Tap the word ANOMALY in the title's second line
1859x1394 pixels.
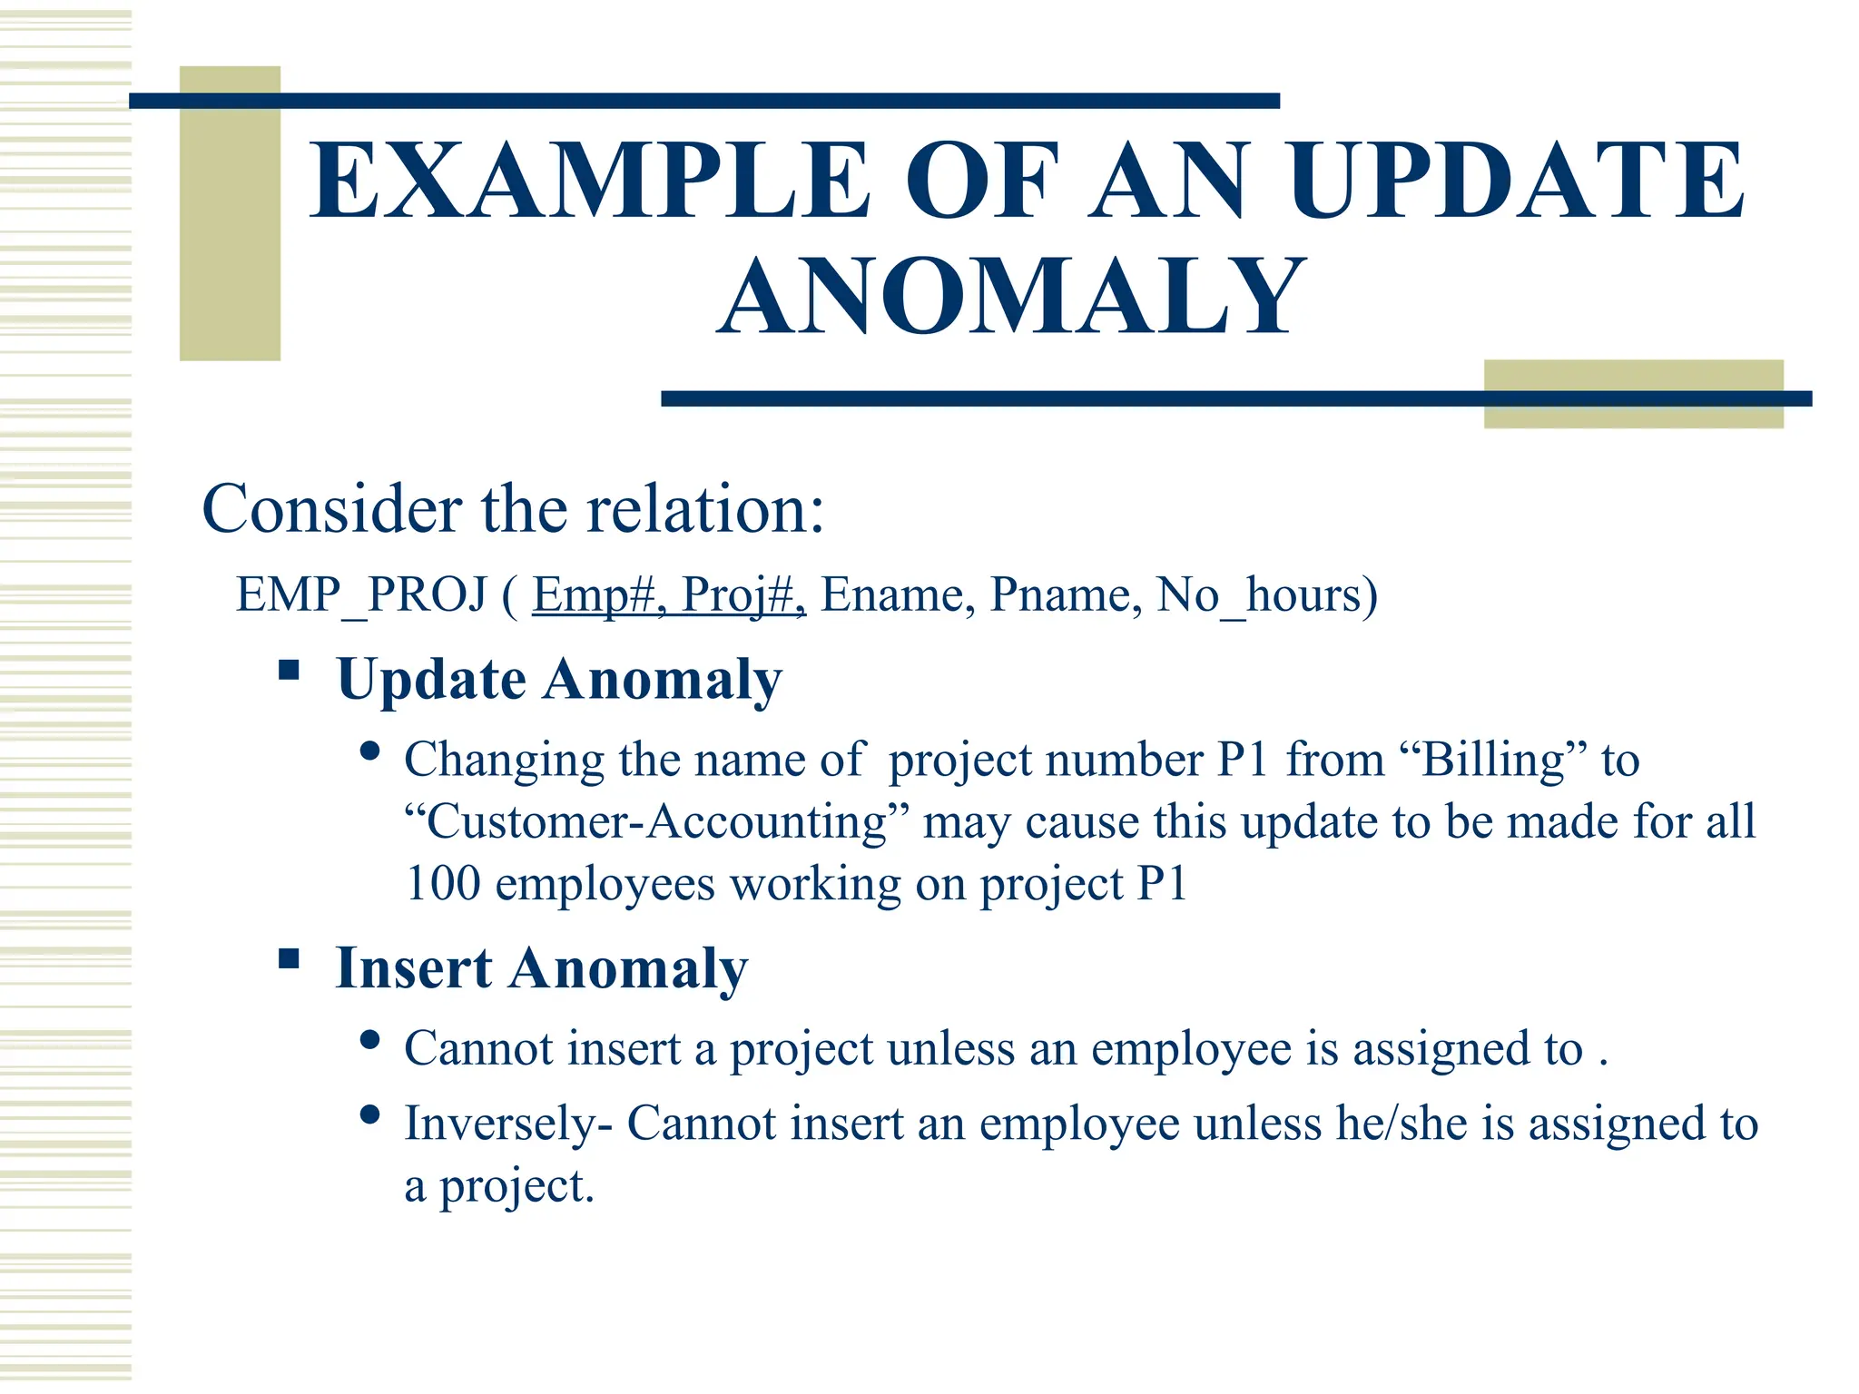coord(1011,296)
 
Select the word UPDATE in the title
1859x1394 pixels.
coord(1515,181)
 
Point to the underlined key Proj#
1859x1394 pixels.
coord(741,595)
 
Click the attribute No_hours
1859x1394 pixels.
coord(1266,595)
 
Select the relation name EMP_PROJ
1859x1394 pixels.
coord(361,595)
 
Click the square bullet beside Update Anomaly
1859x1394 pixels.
coord(289,671)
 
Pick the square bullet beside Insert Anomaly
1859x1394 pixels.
coord(289,959)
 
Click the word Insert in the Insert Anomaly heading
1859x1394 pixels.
coord(413,967)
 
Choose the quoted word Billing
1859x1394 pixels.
coord(1493,760)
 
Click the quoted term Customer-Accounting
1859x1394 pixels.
coord(655,821)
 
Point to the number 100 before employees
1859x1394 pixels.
coord(442,883)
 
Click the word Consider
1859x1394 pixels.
coord(332,508)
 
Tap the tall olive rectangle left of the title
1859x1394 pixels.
coord(230,213)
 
